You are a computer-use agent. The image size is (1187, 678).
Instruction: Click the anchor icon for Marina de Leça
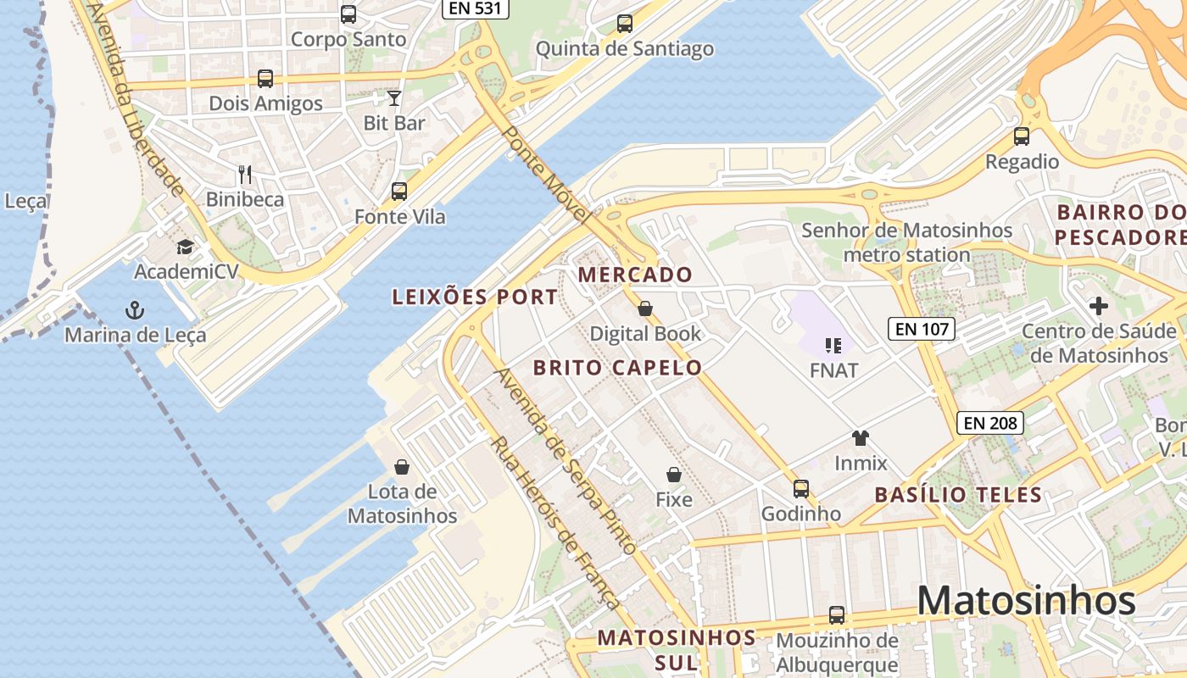click(x=135, y=310)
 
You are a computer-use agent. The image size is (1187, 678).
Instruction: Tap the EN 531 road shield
click(x=476, y=9)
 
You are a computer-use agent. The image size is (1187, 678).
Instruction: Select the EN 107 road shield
click(x=922, y=329)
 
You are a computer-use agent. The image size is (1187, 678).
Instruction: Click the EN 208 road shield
click(x=990, y=422)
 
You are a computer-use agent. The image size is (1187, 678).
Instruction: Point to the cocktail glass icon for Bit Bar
click(x=394, y=98)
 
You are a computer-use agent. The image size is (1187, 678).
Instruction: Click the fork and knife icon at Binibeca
click(x=245, y=175)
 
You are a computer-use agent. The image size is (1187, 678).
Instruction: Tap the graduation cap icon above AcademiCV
click(x=185, y=247)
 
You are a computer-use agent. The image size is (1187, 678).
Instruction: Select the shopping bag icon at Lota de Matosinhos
click(x=402, y=467)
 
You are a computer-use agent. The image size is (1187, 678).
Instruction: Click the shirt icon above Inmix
click(x=861, y=438)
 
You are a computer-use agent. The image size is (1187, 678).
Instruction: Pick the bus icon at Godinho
click(x=800, y=489)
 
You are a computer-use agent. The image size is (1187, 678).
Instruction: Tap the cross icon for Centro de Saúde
click(x=1099, y=306)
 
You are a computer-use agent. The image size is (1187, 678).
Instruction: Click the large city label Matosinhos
click(x=1026, y=601)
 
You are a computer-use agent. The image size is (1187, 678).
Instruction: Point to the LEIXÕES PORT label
click(x=475, y=297)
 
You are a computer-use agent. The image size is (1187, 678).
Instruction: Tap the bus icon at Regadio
click(x=1022, y=136)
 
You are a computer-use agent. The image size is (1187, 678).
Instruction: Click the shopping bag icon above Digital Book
click(x=645, y=308)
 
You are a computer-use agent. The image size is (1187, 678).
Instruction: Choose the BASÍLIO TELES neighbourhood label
click(x=957, y=495)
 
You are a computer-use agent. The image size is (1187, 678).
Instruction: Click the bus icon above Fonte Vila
click(x=399, y=192)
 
